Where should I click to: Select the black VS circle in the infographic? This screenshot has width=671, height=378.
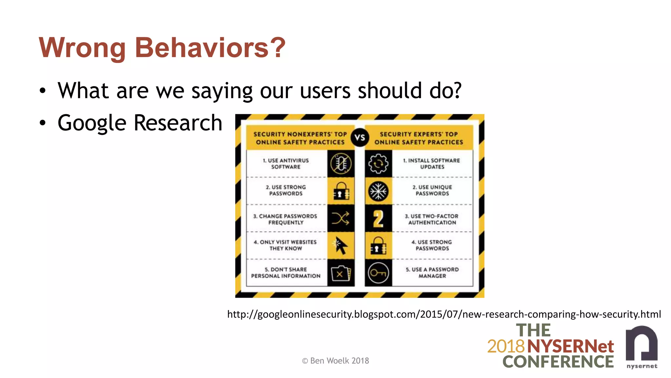[359, 137]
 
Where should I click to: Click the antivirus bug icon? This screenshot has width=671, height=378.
[341, 164]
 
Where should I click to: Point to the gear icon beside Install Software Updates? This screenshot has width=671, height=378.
[378, 164]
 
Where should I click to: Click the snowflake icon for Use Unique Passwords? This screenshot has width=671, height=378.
[378, 191]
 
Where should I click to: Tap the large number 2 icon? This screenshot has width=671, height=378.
[378, 219]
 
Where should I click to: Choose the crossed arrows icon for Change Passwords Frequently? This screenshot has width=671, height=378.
[341, 219]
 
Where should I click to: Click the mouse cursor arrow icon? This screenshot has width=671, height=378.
[341, 245]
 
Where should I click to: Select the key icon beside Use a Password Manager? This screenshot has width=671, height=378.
[378, 273]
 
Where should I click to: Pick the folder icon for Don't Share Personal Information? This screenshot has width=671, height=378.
[341, 273]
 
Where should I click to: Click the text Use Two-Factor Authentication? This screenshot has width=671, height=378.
[432, 219]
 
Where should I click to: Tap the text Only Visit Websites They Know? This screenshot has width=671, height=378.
[285, 245]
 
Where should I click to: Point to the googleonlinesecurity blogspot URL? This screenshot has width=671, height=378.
[444, 314]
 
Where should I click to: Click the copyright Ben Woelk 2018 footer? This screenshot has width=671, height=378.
[335, 361]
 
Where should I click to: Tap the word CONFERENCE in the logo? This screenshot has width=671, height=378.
[558, 362]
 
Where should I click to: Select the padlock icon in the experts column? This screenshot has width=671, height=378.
[378, 246]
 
